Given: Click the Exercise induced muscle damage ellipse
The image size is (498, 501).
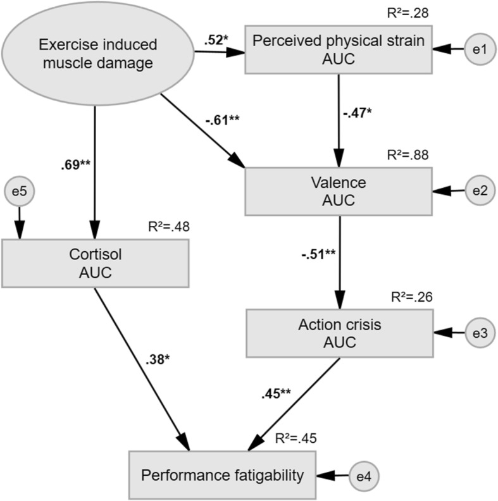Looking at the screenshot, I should point(96,53).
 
